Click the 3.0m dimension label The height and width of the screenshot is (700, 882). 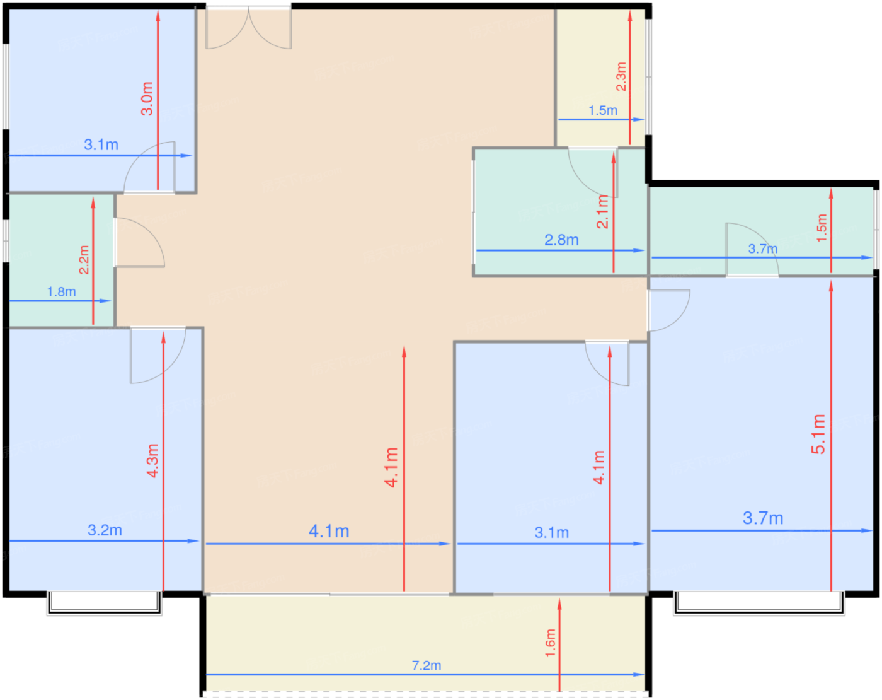click(x=147, y=98)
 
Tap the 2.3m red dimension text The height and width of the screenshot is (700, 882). click(x=621, y=76)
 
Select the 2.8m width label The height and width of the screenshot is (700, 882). click(x=561, y=240)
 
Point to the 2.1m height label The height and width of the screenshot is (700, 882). click(x=602, y=212)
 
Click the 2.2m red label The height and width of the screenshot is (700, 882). click(x=84, y=260)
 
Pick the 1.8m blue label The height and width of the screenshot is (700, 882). click(x=62, y=292)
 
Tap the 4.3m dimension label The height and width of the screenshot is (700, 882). click(x=152, y=461)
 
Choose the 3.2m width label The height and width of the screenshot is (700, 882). click(x=105, y=530)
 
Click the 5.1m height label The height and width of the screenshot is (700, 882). click(x=818, y=434)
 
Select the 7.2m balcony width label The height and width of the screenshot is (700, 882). click(x=427, y=665)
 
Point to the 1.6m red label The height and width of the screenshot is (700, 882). click(x=551, y=643)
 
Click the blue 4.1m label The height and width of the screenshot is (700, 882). click(x=329, y=532)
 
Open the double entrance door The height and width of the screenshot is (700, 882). click(x=248, y=28)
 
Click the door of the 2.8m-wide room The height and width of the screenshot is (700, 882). click(x=593, y=172)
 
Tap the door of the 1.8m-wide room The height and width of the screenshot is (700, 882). click(x=140, y=243)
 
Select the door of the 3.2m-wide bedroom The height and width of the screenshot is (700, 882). click(x=157, y=355)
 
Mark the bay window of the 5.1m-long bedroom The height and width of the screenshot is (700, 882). click(x=759, y=602)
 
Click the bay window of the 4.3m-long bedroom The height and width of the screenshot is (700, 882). click(x=105, y=602)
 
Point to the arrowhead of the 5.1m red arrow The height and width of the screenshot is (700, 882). click(x=831, y=286)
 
